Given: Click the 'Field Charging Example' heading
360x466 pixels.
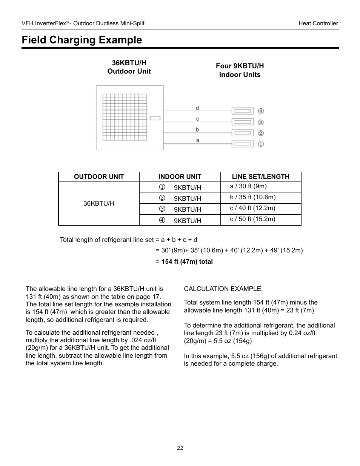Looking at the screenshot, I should pyautogui.click(x=82, y=40).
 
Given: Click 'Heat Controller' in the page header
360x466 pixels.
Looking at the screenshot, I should pyautogui.click(x=318, y=23).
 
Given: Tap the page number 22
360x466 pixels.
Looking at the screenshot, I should pyautogui.click(x=180, y=448).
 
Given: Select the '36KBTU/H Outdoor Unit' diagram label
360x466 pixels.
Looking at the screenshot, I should pyautogui.click(x=129, y=67).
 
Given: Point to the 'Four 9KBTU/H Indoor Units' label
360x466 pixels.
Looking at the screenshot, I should pyautogui.click(x=240, y=70).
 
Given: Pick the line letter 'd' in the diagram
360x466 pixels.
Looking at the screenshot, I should pyautogui.click(x=197, y=108).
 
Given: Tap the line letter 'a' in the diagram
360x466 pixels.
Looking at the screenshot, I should pyautogui.click(x=197, y=140).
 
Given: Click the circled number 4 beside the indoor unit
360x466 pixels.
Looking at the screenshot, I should pyautogui.click(x=261, y=111).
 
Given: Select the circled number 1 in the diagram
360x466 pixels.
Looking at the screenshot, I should pyautogui.click(x=261, y=144).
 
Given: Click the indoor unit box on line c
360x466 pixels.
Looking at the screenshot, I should pyautogui.click(x=242, y=122).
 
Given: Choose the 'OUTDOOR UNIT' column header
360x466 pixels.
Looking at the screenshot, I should pyautogui.click(x=99, y=177).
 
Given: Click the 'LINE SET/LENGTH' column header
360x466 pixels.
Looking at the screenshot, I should pyautogui.click(x=260, y=177).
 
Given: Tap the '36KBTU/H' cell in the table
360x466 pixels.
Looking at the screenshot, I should pyautogui.click(x=99, y=203).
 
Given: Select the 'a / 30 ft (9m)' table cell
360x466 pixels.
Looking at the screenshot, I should pyautogui.click(x=248, y=186).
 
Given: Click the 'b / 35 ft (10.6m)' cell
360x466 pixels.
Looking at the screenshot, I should pyautogui.click(x=252, y=197).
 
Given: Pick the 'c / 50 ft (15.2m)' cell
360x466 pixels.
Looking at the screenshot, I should pyautogui.click(x=252, y=219).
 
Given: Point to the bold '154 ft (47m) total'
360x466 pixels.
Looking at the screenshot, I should pyautogui.click(x=187, y=261).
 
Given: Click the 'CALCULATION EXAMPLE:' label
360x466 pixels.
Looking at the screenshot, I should pyautogui.click(x=223, y=289).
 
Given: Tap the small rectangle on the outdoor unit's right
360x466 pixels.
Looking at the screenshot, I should pyautogui.click(x=155, y=118).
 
